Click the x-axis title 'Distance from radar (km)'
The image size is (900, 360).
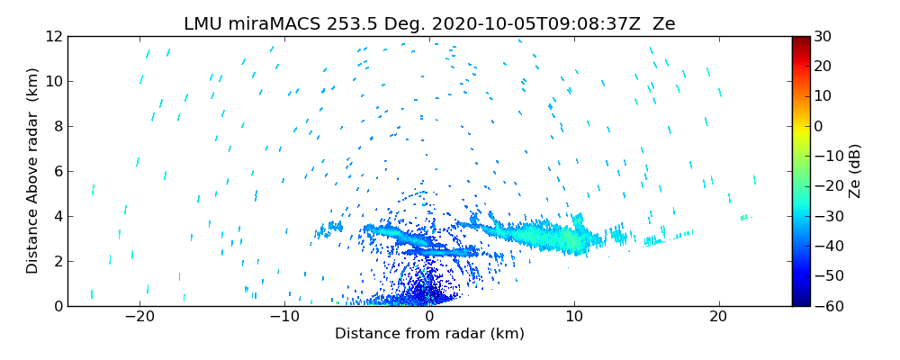coord(429,334)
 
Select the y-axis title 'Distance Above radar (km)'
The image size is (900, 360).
coord(32,171)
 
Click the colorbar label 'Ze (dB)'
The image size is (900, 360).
coord(855,171)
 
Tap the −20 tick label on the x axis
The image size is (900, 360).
coord(139,317)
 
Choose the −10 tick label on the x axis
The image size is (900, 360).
coord(284,317)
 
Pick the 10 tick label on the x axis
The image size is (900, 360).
coord(574,317)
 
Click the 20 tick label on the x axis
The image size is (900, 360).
coord(718,317)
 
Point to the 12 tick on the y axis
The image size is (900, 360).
coord(53,36)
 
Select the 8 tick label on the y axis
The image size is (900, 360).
coord(57,126)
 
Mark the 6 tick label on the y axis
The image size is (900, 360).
coord(57,171)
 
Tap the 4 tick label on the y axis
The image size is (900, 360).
coord(57,216)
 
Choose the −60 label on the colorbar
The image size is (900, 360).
coord(825,306)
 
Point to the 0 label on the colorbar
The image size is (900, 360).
coord(818,126)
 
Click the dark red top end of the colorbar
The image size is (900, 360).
coord(801,40)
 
